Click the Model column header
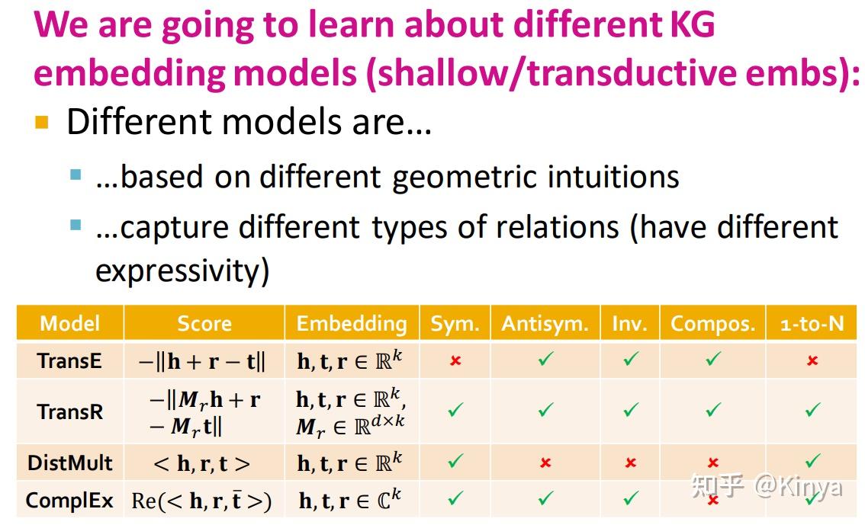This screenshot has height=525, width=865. coord(69,323)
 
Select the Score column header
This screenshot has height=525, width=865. coord(204,323)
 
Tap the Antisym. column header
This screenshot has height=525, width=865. coord(545,323)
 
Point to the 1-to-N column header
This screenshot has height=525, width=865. coord(812,323)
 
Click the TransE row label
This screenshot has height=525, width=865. coord(69,361)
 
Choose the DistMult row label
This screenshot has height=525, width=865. coord(69,463)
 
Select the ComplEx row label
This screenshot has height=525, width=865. coord(69,500)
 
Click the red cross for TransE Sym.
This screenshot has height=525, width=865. coord(455,361)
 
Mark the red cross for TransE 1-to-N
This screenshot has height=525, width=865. coord(812,361)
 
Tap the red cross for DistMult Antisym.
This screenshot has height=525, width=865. coord(545,463)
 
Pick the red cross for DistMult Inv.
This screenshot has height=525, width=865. coord(631,463)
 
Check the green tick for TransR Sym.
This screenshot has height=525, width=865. coord(455,410)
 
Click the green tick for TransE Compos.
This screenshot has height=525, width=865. coord(713,359)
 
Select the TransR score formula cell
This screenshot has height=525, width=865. coord(204,412)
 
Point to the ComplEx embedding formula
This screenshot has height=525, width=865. coord(350,500)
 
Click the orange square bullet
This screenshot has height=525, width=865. coord(42,122)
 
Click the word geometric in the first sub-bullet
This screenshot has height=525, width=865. coord(465,178)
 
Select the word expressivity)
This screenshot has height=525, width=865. coord(182,271)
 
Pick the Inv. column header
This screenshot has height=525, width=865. coord(630,323)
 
